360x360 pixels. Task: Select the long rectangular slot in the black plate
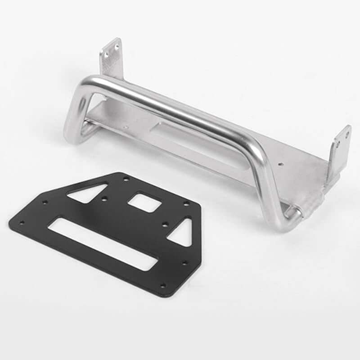(x=103, y=243)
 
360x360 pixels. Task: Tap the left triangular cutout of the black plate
(x=88, y=193)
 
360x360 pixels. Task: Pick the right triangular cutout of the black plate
(x=182, y=233)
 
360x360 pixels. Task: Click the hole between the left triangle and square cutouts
(x=104, y=198)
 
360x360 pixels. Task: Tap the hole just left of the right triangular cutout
(x=165, y=224)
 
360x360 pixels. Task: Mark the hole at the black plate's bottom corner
(x=163, y=285)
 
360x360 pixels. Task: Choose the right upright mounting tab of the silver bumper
(x=340, y=148)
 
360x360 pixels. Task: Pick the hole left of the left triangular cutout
(x=45, y=202)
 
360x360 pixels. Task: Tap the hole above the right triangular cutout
(x=186, y=203)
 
